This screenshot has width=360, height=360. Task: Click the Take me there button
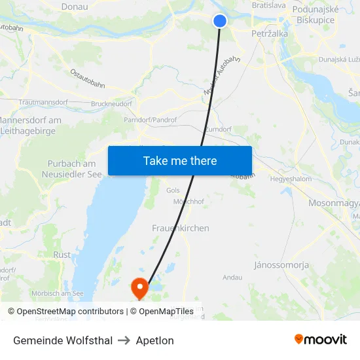click(180, 160)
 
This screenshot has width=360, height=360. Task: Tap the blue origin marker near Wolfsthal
click(220, 21)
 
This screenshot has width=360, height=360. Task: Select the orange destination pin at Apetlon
click(139, 287)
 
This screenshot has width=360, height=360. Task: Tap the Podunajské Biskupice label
click(314, 14)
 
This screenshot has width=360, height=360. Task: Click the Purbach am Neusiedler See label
click(72, 169)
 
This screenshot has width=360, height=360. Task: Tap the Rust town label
click(62, 255)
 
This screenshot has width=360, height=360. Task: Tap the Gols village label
click(173, 190)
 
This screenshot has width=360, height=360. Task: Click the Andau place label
click(232, 278)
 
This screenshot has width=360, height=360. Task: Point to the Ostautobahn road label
click(87, 77)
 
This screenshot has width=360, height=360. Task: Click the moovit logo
click(320, 339)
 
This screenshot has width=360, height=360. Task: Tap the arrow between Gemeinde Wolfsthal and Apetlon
click(124, 340)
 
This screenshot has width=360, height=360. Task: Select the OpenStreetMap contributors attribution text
click(65, 312)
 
